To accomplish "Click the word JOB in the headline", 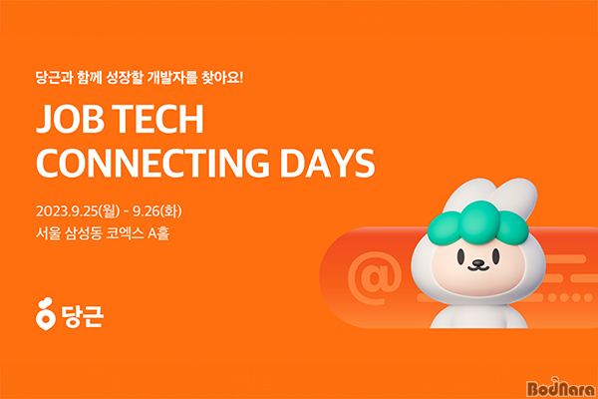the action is (70, 119).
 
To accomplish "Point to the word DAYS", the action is (328, 164).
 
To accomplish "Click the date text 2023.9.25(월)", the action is (78, 211).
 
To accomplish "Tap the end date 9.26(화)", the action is (157, 211).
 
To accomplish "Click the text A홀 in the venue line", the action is (158, 233).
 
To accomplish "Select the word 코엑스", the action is (125, 233).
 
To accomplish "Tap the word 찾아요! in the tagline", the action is (222, 78).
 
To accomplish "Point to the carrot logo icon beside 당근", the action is (46, 314).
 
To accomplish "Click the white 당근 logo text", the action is (82, 316).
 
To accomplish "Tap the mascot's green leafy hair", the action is (478, 223).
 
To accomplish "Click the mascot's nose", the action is (478, 262).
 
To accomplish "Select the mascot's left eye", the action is (461, 256).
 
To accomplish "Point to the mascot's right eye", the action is (495, 256).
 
